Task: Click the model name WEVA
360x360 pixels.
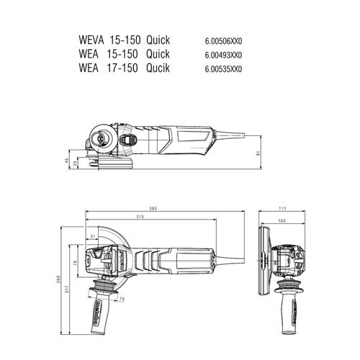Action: point(91,40)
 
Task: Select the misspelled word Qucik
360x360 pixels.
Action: point(158,68)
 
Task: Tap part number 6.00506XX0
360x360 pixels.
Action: point(223,41)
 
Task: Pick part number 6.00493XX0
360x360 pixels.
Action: point(223,55)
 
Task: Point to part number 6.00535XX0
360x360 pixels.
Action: point(223,69)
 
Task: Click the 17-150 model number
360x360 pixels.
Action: point(122,68)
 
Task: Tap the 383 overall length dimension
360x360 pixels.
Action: point(153,209)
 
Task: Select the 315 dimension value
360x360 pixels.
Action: point(140,217)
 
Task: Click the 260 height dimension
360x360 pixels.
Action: point(58,279)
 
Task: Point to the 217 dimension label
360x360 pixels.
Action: point(66,289)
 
